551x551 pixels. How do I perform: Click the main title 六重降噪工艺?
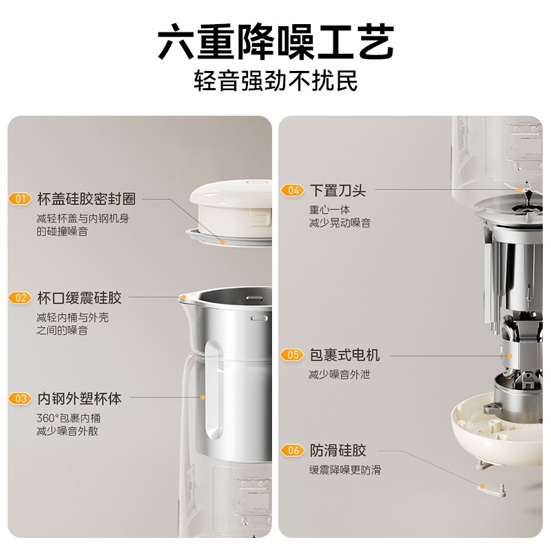click(276, 41)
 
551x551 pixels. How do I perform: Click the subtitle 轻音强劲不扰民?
click(276, 81)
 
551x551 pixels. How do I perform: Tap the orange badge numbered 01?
click(20, 199)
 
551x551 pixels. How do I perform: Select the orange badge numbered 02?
click(20, 298)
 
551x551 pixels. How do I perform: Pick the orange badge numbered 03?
click(20, 399)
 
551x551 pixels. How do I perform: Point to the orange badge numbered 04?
click(292, 191)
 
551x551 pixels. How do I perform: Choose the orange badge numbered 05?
click(292, 355)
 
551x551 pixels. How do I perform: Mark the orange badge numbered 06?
click(292, 450)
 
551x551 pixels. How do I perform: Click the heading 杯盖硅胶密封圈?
click(87, 199)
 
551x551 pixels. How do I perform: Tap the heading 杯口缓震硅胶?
click(79, 298)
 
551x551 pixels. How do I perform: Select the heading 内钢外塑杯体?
click(79, 399)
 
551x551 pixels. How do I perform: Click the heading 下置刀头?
click(337, 191)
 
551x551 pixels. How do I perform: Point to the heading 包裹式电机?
click(344, 355)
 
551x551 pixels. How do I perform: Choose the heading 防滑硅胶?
click(337, 450)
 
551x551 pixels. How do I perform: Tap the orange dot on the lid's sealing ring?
click(222, 242)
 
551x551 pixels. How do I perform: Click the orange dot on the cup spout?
click(183, 298)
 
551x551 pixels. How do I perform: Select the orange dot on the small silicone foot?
click(483, 486)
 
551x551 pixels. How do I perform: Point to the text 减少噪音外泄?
click(340, 375)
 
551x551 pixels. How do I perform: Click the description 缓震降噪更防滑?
click(345, 470)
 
